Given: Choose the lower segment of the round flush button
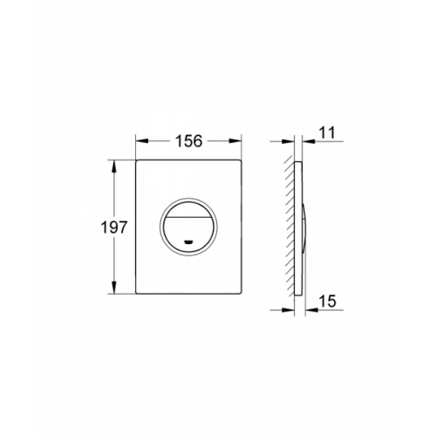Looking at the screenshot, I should coord(188,233).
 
